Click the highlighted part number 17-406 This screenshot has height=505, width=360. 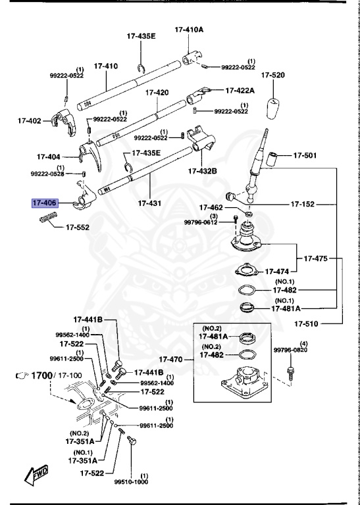(x=45, y=203)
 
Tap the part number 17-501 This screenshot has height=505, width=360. (x=305, y=155)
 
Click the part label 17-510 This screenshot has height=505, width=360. (x=307, y=323)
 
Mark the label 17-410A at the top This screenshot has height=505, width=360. (x=189, y=30)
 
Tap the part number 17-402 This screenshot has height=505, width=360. (x=30, y=121)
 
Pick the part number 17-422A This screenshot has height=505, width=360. (x=240, y=90)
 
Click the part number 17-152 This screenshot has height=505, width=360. (x=304, y=204)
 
